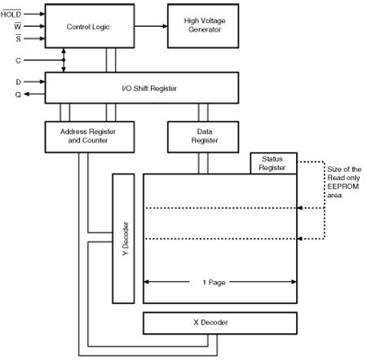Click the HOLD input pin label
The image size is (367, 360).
[11, 14]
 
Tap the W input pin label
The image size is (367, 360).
[18, 26]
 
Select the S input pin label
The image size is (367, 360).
[18, 38]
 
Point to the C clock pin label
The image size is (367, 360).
[18, 60]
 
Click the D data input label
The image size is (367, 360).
[18, 81]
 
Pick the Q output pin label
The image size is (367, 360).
[18, 94]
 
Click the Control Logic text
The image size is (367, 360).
[88, 27]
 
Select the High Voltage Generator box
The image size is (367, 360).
[203, 26]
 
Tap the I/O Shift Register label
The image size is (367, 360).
[149, 88]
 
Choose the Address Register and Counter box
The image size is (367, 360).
[90, 137]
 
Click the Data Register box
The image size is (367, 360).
[203, 137]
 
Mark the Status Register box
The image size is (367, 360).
[273, 163]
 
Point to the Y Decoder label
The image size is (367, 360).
[126, 239]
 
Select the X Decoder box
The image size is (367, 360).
[220, 323]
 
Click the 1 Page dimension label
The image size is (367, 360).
[214, 283]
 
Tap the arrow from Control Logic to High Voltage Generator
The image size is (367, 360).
[151, 26]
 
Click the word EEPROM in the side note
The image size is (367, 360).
[343, 187]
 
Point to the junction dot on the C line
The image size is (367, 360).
[64, 60]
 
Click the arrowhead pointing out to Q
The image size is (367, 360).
[26, 94]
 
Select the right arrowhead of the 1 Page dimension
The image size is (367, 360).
[294, 282]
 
